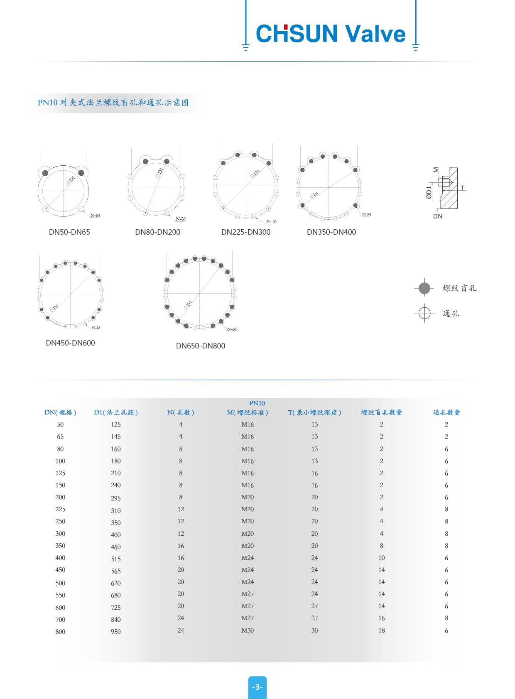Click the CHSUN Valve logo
pos(331,34)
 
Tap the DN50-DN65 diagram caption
pos(69,232)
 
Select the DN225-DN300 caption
pos(246,232)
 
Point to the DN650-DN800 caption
pos(201,346)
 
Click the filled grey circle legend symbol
pos(424,288)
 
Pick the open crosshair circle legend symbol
pos(424,313)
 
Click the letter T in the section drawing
pos(463,188)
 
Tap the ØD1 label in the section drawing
pos(429,192)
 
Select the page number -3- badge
pos(257,687)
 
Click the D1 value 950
pos(116,632)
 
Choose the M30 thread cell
pos(248,630)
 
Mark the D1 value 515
pos(116,559)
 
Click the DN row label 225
pos(60,509)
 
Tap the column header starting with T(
pos(314,412)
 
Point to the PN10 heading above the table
pos(257,403)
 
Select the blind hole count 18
pos(382,630)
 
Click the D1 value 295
pos(116,498)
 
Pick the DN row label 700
pos(60,620)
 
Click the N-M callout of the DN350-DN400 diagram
pos(367,215)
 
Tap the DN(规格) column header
pos(60,412)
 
